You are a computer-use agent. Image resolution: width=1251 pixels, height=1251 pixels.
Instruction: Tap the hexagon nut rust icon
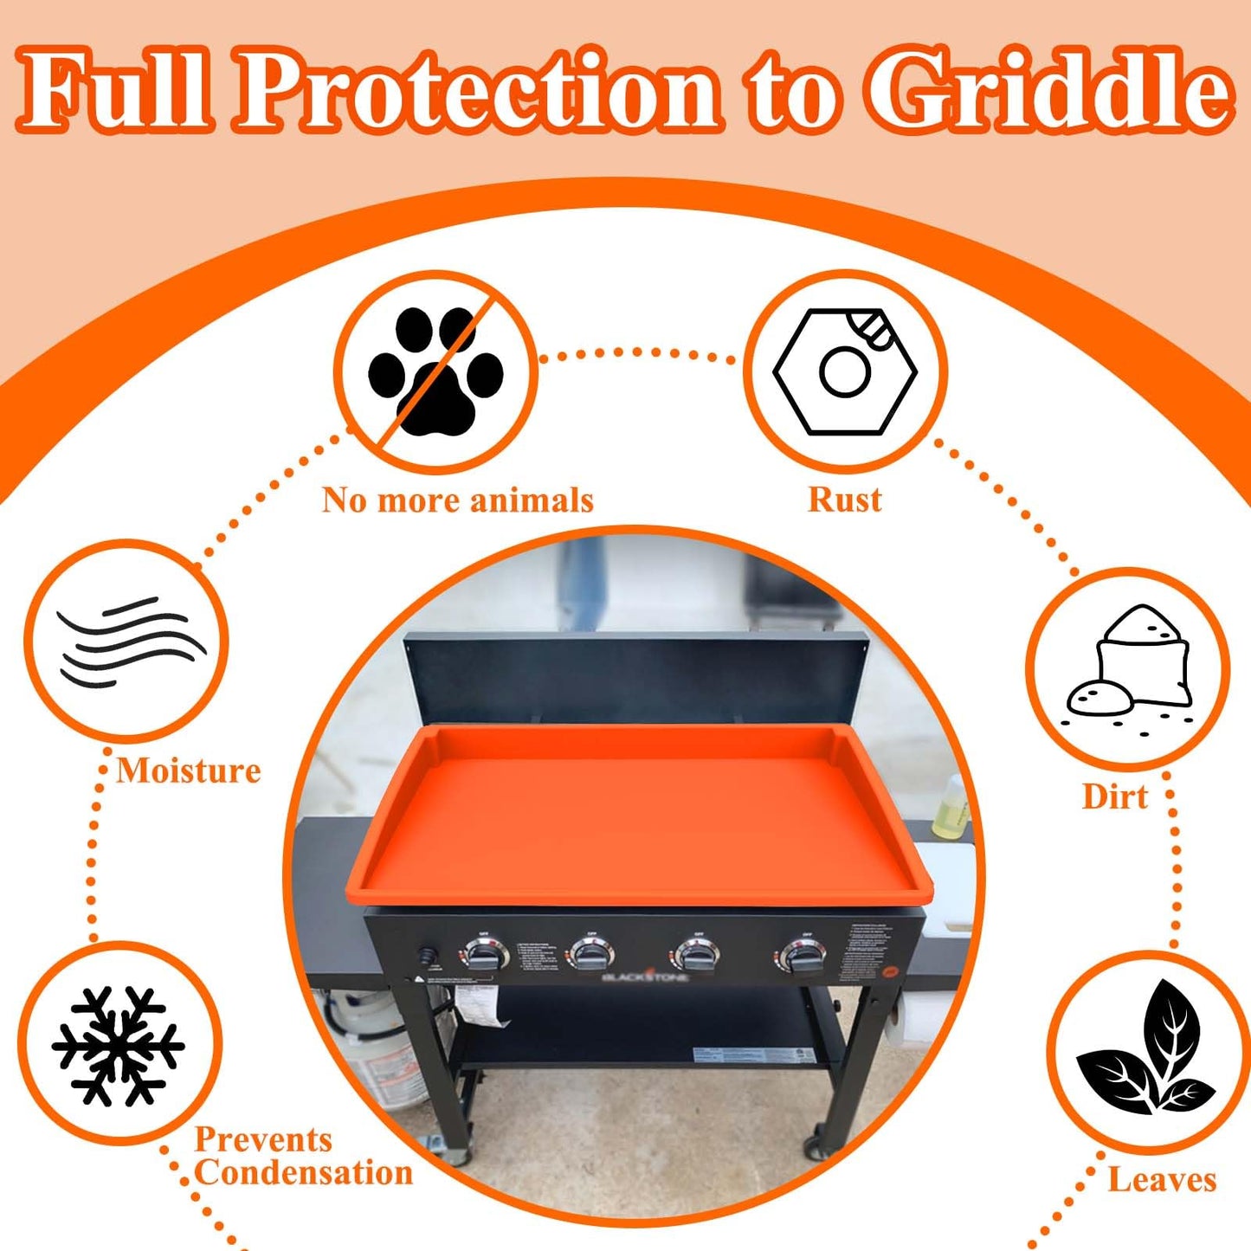[x=844, y=371]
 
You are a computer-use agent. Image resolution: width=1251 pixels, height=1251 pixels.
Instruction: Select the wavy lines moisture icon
[x=127, y=641]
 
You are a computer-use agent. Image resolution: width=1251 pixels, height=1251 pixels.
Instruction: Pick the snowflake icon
[x=118, y=1046]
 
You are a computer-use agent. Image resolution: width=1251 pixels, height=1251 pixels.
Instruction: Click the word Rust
[x=844, y=500]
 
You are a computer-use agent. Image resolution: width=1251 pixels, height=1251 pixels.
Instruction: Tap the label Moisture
[x=189, y=771]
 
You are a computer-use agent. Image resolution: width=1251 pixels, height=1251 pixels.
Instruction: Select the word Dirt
[x=1115, y=796]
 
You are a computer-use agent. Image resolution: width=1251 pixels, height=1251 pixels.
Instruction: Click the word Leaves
[x=1162, y=1180]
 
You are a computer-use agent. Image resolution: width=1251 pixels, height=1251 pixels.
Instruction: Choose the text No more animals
[x=458, y=500]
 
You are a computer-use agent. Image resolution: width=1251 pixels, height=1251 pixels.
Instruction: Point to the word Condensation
[x=303, y=1173]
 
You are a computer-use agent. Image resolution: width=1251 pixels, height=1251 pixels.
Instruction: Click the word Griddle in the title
[x=1049, y=91]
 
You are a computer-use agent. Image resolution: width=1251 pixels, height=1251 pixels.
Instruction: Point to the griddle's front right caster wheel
[x=815, y=1147]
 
